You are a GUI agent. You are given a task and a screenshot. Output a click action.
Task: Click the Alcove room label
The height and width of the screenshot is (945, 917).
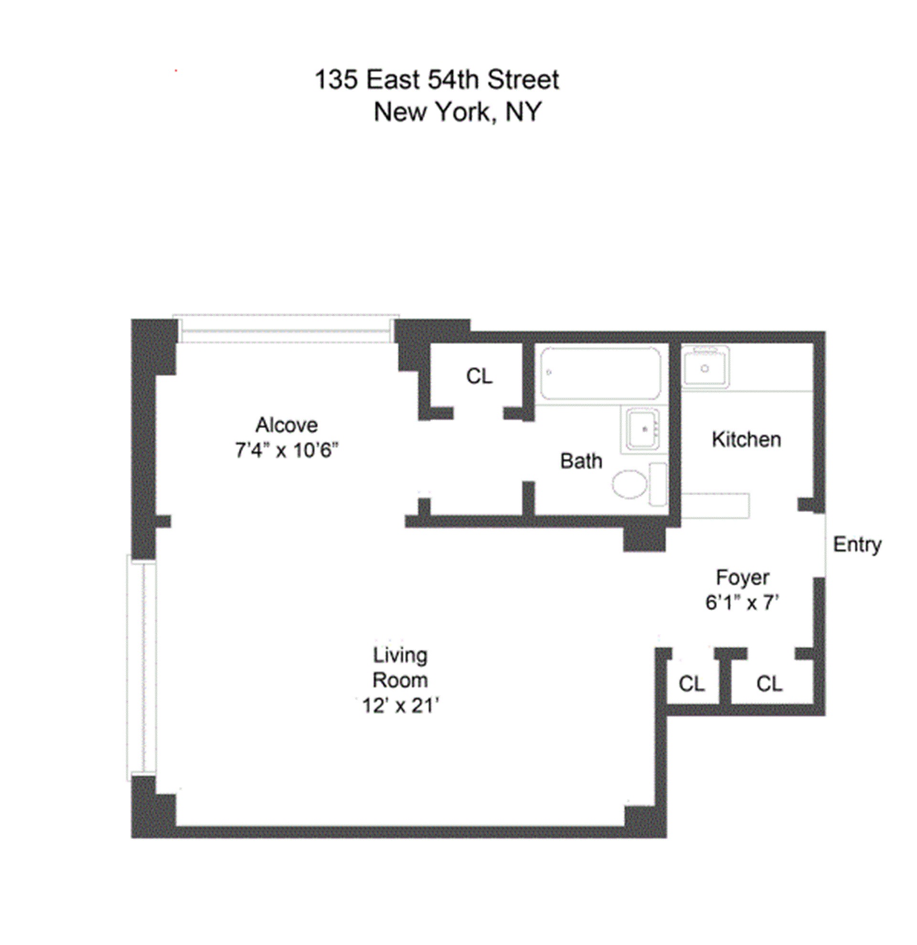point(286,425)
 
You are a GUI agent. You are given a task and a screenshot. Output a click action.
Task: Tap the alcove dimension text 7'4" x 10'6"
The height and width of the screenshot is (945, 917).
point(286,451)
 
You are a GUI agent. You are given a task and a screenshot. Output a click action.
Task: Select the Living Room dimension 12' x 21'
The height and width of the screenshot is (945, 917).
point(400,706)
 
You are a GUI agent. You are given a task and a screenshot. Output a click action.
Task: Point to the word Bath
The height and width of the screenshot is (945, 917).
point(581,462)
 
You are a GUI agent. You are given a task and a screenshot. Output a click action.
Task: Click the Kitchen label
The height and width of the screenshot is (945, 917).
point(746,440)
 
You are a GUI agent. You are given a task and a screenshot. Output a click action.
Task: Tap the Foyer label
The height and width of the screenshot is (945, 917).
point(742,578)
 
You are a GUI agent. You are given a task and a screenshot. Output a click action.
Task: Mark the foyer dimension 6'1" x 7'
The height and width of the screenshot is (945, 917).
point(742,602)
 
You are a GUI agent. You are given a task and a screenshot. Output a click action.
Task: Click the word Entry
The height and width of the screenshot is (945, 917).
point(857,544)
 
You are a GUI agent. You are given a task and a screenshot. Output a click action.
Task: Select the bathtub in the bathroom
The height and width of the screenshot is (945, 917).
point(600,373)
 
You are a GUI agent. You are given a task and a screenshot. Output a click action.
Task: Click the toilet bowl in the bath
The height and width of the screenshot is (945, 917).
point(629,483)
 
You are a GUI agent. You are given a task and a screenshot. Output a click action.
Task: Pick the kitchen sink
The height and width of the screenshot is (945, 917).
point(705,367)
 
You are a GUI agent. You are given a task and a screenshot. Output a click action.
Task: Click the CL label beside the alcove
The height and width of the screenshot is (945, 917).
point(479,376)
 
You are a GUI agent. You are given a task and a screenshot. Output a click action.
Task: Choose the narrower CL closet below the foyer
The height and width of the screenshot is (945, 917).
point(692,684)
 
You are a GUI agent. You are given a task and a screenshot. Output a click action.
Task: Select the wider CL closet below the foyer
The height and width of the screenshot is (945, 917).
point(769,684)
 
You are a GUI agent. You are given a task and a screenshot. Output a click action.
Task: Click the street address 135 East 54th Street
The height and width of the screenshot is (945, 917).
point(437,80)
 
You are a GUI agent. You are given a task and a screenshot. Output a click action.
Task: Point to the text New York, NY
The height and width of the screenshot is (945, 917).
point(457,112)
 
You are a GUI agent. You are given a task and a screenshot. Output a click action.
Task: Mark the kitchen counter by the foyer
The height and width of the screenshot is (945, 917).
point(716,506)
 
